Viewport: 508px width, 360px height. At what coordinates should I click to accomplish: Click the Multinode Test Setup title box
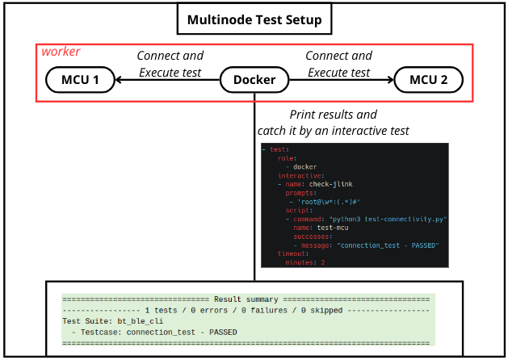(x=254, y=19)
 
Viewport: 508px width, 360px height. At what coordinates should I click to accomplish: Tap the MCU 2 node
(x=428, y=80)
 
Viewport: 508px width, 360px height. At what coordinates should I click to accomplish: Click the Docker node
(x=254, y=80)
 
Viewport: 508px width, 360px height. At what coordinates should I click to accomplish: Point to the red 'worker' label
(x=61, y=52)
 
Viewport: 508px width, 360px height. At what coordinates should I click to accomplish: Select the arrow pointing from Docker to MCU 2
(x=340, y=80)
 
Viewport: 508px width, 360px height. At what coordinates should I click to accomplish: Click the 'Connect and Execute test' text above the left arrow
(x=170, y=64)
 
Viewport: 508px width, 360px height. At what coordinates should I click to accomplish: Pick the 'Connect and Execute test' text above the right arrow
(x=338, y=64)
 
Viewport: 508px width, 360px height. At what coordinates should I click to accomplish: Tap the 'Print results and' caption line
(x=333, y=115)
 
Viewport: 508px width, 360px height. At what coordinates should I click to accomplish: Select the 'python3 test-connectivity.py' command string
(x=387, y=219)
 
